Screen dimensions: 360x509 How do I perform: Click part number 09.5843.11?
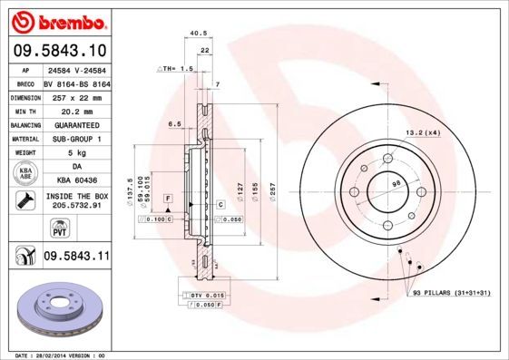(x=76, y=258)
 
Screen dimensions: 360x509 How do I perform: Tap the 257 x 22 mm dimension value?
(x=76, y=96)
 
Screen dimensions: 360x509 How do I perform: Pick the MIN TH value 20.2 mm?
(x=76, y=110)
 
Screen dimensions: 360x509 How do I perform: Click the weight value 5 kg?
(x=76, y=152)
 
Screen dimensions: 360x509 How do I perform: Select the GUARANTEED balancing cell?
(x=76, y=124)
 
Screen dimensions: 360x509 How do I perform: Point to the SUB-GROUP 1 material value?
(x=76, y=138)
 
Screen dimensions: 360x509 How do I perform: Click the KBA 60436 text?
(x=76, y=181)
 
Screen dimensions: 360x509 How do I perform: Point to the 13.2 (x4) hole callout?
(x=422, y=133)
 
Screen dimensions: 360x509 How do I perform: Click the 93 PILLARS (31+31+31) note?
(x=451, y=294)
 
